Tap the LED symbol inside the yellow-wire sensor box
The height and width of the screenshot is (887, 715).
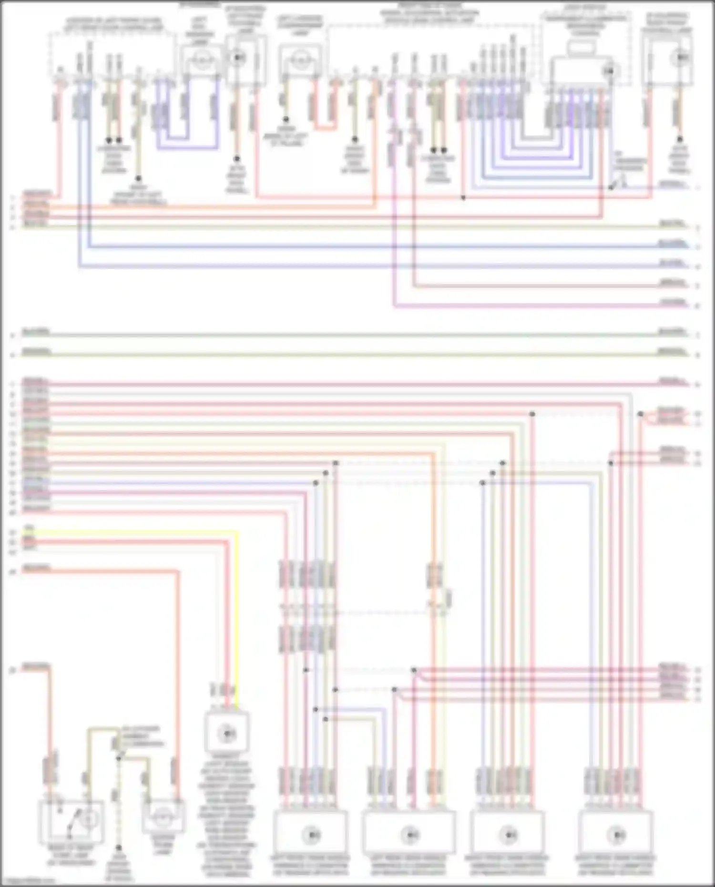[x=227, y=734]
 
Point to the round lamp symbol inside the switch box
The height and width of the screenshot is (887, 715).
[x=88, y=819]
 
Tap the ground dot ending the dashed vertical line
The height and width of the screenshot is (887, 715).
[x=119, y=848]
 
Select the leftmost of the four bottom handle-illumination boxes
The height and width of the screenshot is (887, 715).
[x=310, y=834]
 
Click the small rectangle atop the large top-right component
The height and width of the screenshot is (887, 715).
[x=581, y=48]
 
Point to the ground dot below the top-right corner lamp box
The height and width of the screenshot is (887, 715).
[x=680, y=139]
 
